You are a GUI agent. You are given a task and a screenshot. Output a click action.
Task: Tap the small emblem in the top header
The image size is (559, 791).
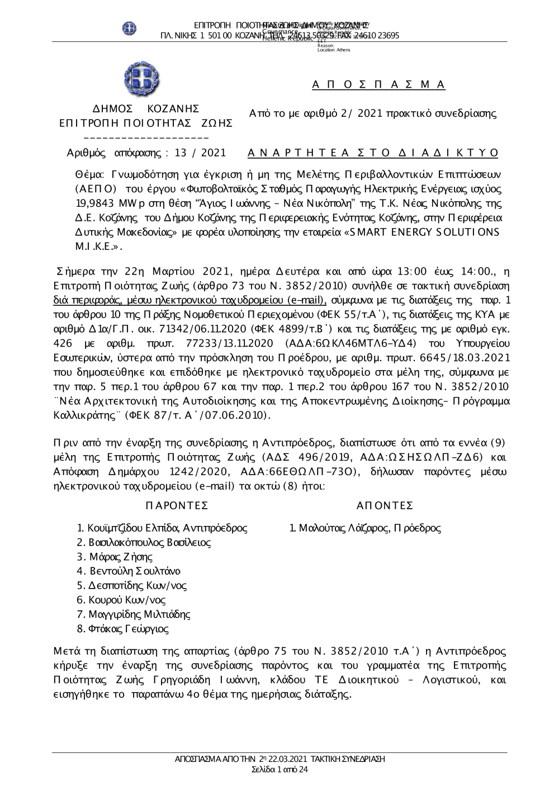[130, 27]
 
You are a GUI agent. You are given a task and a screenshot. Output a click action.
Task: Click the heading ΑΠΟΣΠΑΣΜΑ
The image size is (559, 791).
[378, 84]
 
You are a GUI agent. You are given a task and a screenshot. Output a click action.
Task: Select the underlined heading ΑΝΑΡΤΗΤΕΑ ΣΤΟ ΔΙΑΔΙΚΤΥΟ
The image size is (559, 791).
[372, 153]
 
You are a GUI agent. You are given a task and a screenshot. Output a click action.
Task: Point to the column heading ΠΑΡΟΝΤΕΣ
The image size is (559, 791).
[176, 505]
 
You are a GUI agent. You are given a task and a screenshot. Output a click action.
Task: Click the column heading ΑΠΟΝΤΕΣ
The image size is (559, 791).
[385, 505]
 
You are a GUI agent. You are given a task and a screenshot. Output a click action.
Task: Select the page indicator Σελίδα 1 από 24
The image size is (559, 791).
[279, 769]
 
